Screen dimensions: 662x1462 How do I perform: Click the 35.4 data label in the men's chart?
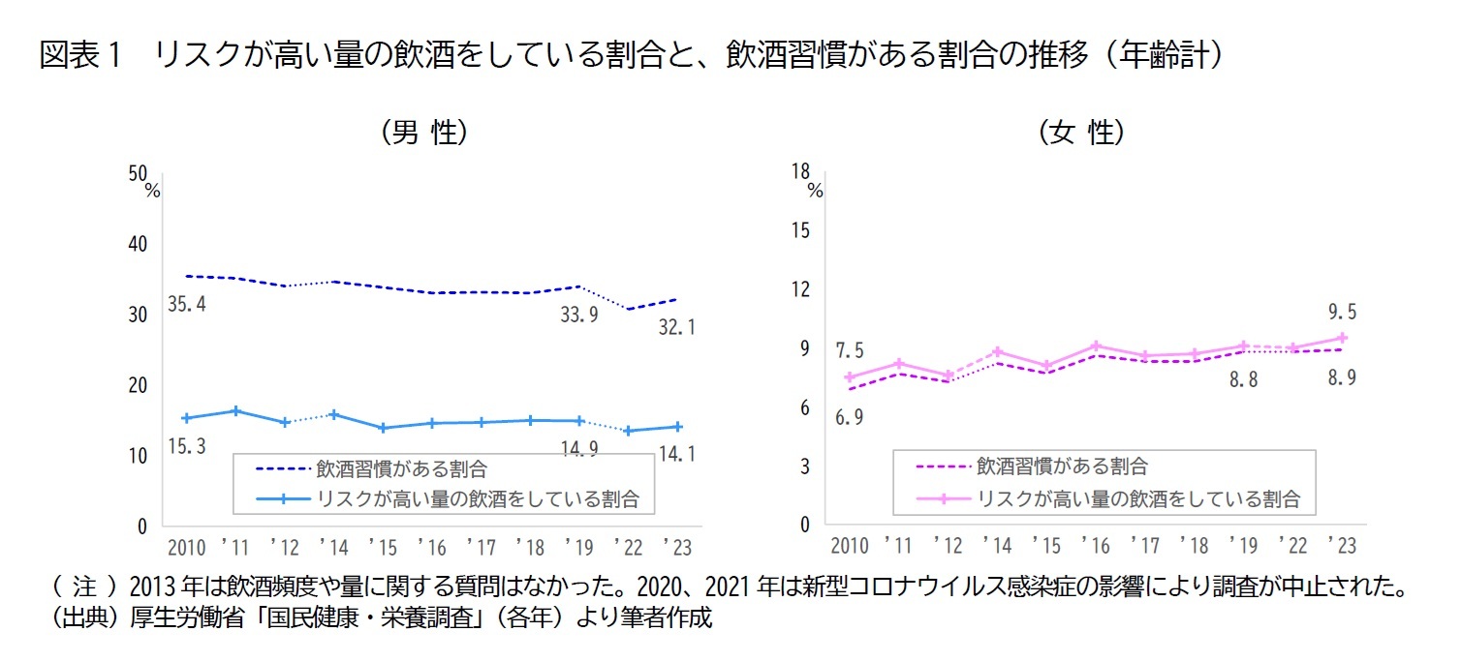[x=187, y=305]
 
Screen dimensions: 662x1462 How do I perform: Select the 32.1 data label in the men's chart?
[x=677, y=328]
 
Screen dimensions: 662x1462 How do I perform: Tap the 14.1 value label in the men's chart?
[x=677, y=452]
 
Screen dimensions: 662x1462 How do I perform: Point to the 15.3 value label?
[x=187, y=446]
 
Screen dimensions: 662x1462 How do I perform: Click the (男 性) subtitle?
[x=426, y=133]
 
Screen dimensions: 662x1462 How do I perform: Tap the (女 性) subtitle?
[x=1081, y=133]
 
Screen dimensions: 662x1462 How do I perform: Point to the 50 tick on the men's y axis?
[x=137, y=173]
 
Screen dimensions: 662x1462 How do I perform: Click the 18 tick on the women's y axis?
[x=800, y=171]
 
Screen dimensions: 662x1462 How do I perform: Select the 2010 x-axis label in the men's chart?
[x=187, y=548]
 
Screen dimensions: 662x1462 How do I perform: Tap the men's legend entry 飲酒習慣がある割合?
[x=401, y=468]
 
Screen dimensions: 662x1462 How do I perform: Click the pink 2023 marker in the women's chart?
[x=1343, y=338]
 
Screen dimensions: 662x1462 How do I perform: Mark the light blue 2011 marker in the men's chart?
[x=235, y=411]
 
